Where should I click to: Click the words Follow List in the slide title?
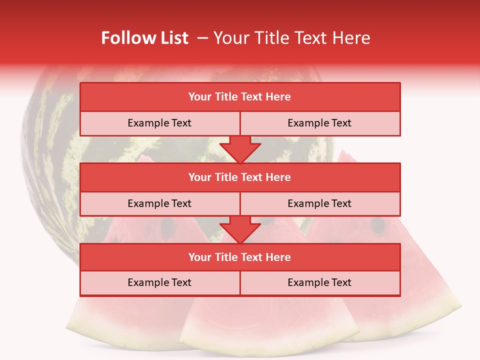click(144, 38)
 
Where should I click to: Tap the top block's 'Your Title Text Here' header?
click(239, 97)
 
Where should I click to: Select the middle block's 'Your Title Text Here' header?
click(239, 177)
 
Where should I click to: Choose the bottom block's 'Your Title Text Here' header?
click(239, 257)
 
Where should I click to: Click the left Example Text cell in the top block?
click(159, 123)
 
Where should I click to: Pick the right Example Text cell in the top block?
click(319, 123)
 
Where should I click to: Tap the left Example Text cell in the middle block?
click(159, 204)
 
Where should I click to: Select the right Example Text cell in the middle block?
click(319, 204)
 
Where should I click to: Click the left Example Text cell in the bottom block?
click(159, 283)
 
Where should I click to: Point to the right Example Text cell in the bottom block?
click(319, 283)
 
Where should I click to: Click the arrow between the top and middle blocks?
click(240, 149)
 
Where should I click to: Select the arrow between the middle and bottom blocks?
click(240, 229)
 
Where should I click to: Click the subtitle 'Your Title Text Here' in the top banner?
click(291, 38)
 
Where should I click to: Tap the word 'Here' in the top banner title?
click(352, 38)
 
